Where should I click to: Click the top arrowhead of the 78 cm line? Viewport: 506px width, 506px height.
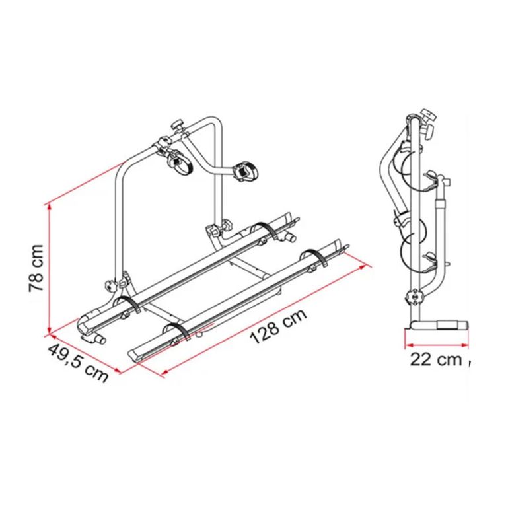tap(50, 207)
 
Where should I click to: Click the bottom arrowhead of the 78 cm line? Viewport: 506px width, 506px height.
tap(50, 332)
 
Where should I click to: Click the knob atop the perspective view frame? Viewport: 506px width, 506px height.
tap(177, 124)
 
